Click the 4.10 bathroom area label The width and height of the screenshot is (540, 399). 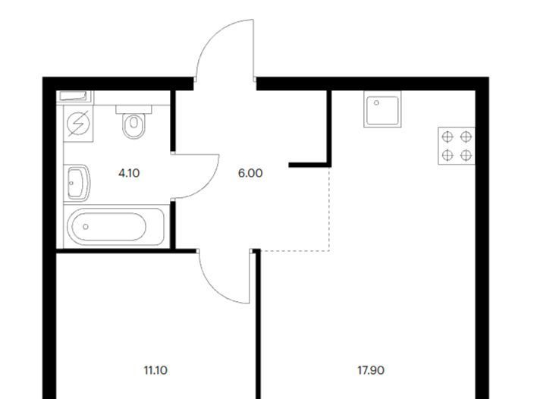point(129,173)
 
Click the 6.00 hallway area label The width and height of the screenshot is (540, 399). point(250,173)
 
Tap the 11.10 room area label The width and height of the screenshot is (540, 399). point(155,371)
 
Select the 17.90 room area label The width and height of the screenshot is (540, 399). point(370,371)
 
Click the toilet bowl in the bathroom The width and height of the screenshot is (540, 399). point(135,126)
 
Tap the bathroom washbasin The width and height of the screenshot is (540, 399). point(77,183)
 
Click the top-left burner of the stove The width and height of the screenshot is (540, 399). point(448,137)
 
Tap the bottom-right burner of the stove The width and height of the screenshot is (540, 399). point(466,155)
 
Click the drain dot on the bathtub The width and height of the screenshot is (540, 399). point(86,227)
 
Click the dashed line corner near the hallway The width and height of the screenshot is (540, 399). point(328,249)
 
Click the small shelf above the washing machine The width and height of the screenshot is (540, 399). point(74,96)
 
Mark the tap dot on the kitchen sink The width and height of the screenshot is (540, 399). point(377,101)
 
